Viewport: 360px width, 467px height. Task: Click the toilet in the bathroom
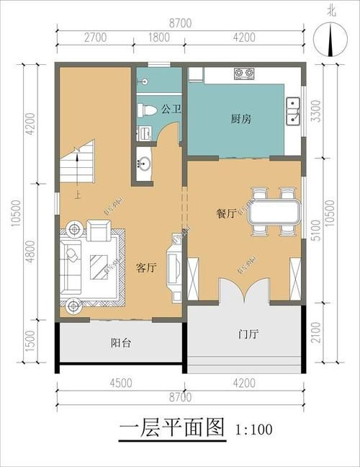tap(148, 110)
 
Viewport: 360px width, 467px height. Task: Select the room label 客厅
tap(146, 267)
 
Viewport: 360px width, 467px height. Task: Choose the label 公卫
tap(170, 110)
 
